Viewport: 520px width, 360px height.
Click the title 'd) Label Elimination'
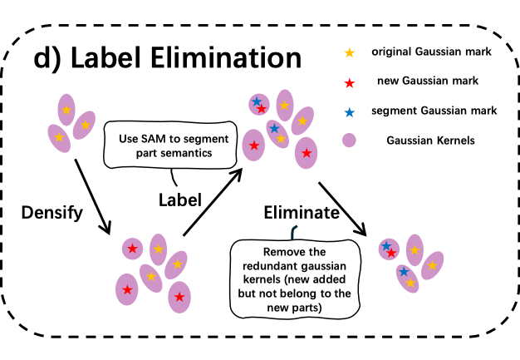168,57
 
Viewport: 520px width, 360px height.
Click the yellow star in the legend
349,52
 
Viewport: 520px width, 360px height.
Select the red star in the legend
349,83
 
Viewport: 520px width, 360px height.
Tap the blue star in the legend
349,112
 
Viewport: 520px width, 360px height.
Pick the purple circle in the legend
349,141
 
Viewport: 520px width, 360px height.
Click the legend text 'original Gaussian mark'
431,52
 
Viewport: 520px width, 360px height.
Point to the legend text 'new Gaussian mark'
428,81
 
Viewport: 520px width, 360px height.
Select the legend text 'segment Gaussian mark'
434,111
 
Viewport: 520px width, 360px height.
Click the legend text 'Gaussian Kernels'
430,141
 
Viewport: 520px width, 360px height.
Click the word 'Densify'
52,213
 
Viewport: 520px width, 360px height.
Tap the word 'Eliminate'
302,212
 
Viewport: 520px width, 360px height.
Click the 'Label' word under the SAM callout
180,200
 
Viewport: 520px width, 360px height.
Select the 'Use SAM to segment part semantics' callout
170,145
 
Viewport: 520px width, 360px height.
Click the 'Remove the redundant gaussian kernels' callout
295,279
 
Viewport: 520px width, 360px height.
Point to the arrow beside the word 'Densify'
92,197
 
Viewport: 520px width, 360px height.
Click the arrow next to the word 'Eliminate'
342,209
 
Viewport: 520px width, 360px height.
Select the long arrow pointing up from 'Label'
213,202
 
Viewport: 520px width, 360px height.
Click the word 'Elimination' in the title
226,57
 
